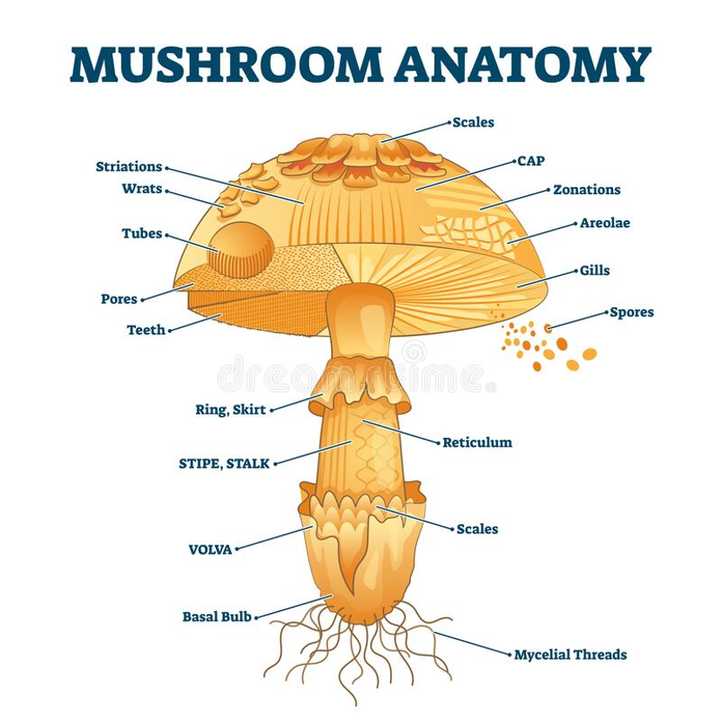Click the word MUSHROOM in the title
click(226, 64)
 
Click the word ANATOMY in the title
click(522, 64)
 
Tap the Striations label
click(129, 166)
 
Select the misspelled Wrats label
click(142, 189)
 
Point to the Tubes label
click(142, 233)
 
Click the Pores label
click(119, 300)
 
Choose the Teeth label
click(146, 330)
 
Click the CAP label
click(531, 161)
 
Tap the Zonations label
click(587, 190)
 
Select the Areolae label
click(605, 223)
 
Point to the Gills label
click(595, 270)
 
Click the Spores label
click(632, 313)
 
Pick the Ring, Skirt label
click(231, 410)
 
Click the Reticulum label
click(477, 443)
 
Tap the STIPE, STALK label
click(224, 463)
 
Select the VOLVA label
click(211, 549)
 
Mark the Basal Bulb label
click(217, 617)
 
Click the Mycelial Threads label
click(570, 654)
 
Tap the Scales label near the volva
click(477, 529)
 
